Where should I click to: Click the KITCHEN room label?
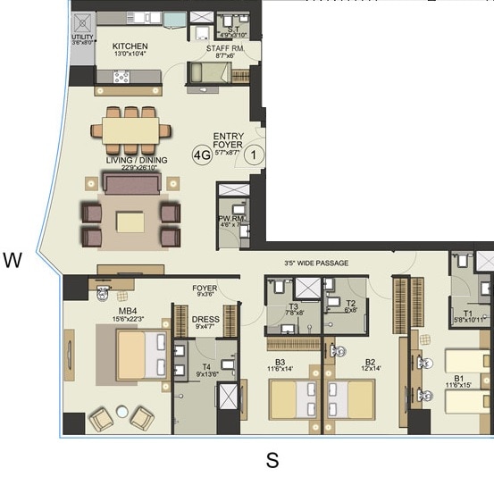pos(130,46)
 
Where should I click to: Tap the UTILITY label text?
pos(82,38)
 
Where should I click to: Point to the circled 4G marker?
pos(202,155)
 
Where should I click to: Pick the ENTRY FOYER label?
pos(229,141)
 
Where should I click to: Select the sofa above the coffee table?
pos(132,184)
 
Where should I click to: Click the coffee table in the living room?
pos(130,221)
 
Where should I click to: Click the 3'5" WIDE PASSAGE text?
pos(315,264)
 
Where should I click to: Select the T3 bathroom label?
pos(293,306)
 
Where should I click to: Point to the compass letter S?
pos(273,461)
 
